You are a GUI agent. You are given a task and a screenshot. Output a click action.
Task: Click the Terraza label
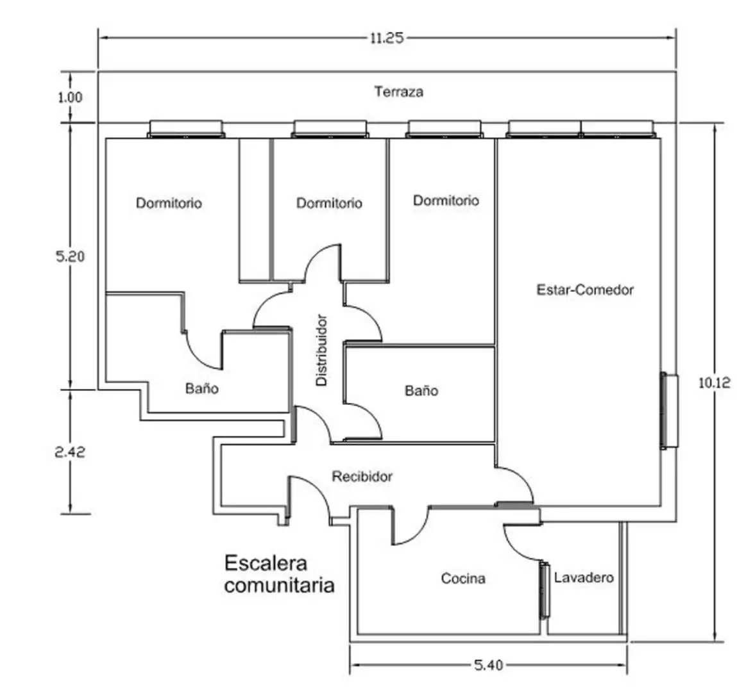pyautogui.click(x=398, y=91)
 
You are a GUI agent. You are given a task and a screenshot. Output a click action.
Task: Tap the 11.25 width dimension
pyautogui.click(x=387, y=38)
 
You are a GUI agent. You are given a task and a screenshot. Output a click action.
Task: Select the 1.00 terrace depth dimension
pyautogui.click(x=70, y=97)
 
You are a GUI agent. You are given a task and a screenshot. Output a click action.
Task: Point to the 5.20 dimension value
pyautogui.click(x=70, y=256)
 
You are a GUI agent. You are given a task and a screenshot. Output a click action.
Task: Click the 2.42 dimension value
pyautogui.click(x=70, y=452)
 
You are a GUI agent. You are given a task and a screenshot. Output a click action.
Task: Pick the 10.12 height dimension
pyautogui.click(x=715, y=383)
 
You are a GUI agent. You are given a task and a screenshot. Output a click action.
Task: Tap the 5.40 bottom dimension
pyautogui.click(x=488, y=665)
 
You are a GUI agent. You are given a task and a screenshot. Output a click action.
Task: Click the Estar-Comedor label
pyautogui.click(x=585, y=290)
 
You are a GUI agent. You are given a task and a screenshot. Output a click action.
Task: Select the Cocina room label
pyautogui.click(x=463, y=578)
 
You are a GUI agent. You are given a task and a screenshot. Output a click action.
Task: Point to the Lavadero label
pyautogui.click(x=584, y=577)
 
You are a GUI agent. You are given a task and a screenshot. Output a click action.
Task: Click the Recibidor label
pyautogui.click(x=362, y=477)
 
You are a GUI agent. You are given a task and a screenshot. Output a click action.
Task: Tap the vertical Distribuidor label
pyautogui.click(x=321, y=350)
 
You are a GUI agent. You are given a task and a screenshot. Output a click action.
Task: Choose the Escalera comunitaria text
pyautogui.click(x=279, y=574)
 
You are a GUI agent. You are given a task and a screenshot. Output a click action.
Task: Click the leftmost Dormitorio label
pyautogui.click(x=169, y=203)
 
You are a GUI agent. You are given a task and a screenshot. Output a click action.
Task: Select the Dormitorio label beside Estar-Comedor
pyautogui.click(x=446, y=201)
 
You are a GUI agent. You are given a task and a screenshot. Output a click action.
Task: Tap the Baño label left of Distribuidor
pyautogui.click(x=201, y=388)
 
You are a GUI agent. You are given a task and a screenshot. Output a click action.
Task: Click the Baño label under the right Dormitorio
pyautogui.click(x=421, y=391)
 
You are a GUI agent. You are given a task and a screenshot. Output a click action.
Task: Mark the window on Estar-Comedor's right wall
pyautogui.click(x=669, y=410)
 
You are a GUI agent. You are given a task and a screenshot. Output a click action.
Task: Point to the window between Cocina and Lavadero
pyautogui.click(x=545, y=590)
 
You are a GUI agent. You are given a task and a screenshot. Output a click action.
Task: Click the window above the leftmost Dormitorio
pyautogui.click(x=186, y=129)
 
